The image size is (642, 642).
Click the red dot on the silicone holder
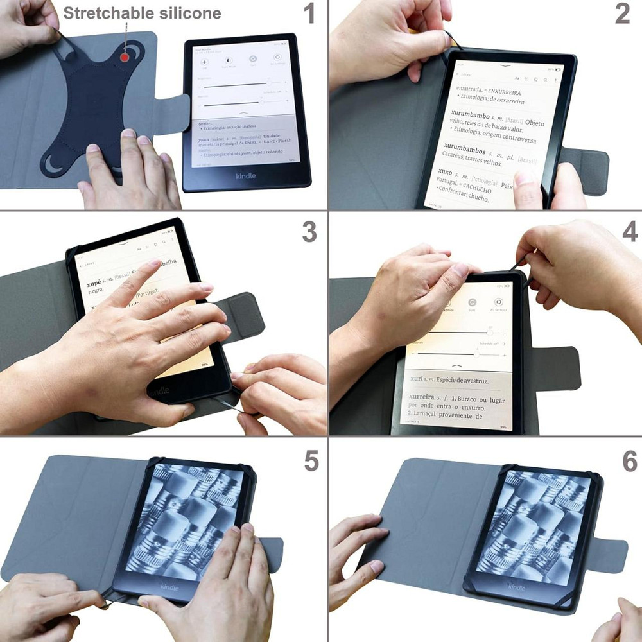point(124,58)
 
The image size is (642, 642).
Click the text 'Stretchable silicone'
point(142,13)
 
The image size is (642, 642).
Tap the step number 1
point(309,13)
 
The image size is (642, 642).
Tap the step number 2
point(622,13)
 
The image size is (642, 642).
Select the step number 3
point(309,232)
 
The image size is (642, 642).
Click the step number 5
point(311,460)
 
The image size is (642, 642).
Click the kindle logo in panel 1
point(245,175)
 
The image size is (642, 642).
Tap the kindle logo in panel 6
point(517,587)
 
